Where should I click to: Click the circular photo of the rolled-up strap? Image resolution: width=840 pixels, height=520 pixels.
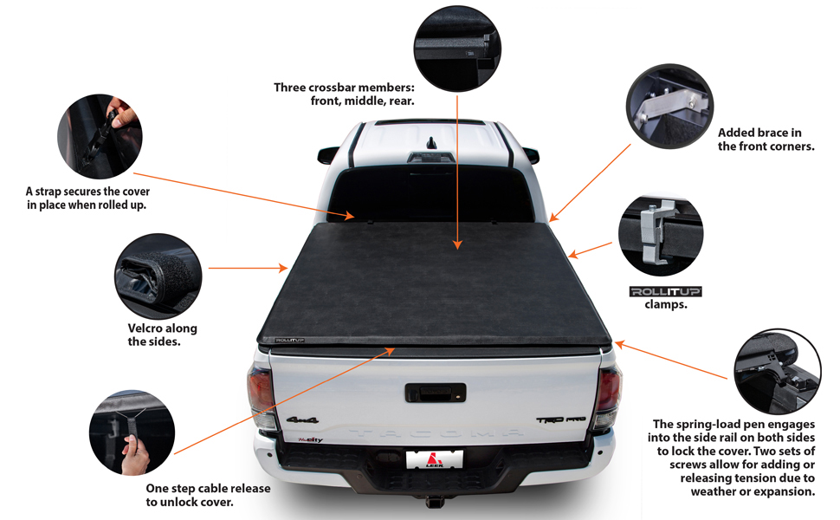(100, 137)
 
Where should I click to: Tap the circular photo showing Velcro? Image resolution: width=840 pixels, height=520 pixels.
(158, 275)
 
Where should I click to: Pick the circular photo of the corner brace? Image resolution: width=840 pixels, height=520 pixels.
(669, 98)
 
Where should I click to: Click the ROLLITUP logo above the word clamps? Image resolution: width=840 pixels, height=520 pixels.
(665, 291)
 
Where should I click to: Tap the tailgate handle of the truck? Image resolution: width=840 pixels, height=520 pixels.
(435, 392)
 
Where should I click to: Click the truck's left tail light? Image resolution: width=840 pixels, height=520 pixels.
(261, 399)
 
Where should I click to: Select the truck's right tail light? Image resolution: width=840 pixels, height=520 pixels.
(608, 399)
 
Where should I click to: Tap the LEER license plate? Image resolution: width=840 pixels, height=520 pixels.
(435, 459)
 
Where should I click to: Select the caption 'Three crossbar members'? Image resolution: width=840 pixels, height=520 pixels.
(344, 88)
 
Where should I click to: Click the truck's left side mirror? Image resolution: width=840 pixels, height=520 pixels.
(327, 156)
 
